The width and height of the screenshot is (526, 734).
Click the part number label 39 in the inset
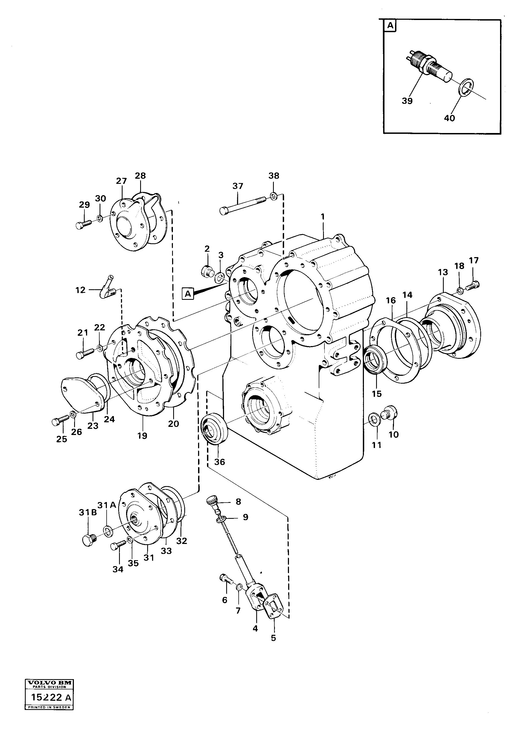(x=407, y=101)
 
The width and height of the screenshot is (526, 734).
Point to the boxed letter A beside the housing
(x=188, y=294)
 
